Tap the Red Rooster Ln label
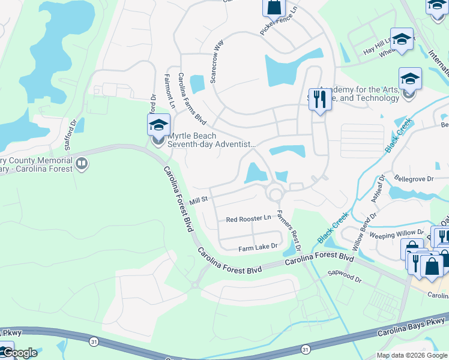[249, 219]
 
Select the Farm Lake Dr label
[258, 246]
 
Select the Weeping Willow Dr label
[396, 234]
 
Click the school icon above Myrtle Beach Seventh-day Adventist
[158, 125]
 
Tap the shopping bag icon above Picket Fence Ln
[273, 7]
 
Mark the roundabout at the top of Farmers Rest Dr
[276, 194]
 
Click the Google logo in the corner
[19, 353]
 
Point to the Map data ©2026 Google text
[411, 355]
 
